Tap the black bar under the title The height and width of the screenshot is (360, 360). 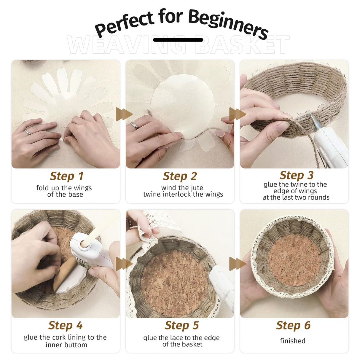click(178, 40)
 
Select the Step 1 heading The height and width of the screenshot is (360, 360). click(66, 176)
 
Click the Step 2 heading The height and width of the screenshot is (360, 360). click(180, 176)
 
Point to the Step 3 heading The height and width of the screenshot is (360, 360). click(296, 175)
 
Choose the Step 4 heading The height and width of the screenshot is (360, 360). click(65, 326)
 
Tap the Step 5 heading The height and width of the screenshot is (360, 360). click(181, 326)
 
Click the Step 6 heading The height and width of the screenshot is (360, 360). click(293, 326)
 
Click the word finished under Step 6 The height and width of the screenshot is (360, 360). click(292, 341)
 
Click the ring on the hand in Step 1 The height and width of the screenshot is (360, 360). click(28, 132)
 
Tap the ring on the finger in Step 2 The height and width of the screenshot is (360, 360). click(135, 125)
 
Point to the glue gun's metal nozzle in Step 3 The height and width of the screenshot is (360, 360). click(314, 120)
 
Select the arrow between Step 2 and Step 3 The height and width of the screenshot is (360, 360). click(237, 114)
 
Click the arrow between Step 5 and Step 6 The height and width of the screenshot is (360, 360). click(237, 264)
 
